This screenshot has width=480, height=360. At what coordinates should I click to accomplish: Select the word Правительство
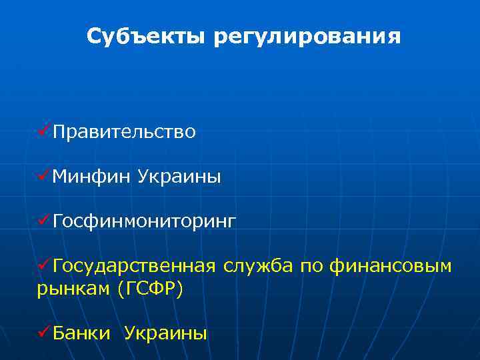click(124, 133)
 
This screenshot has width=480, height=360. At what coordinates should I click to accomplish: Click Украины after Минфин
click(179, 177)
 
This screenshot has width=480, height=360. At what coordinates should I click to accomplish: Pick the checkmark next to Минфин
click(44, 176)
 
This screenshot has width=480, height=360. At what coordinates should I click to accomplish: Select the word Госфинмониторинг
click(144, 221)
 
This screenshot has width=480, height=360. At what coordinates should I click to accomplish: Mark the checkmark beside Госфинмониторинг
click(44, 220)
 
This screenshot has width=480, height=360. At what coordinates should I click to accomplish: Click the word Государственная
click(133, 266)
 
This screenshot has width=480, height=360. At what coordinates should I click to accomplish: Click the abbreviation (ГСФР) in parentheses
click(149, 290)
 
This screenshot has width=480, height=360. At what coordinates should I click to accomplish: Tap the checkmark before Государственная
click(44, 265)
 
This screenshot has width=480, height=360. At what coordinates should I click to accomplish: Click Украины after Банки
click(165, 333)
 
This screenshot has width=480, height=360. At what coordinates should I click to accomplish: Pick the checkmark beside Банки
click(44, 331)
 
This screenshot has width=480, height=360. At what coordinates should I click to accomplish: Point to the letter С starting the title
click(94, 37)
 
